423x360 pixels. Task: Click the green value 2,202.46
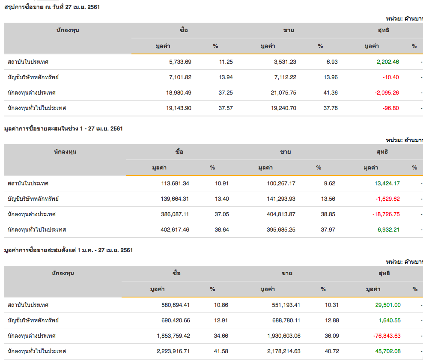click(387, 62)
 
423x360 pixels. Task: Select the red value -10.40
click(390, 77)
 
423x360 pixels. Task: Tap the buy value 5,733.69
click(180, 62)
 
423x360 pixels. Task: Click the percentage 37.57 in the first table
click(226, 108)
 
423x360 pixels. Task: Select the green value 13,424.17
click(387, 183)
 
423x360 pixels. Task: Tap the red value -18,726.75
click(386, 214)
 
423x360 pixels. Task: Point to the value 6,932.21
click(388, 229)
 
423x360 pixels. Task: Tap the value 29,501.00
click(387, 305)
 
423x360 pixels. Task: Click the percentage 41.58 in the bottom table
click(221, 351)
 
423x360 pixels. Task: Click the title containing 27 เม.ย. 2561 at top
click(52, 7)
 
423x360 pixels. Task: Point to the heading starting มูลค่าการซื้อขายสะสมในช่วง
click(63, 128)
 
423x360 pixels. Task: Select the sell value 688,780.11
click(280, 320)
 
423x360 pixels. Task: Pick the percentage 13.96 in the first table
click(331, 77)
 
